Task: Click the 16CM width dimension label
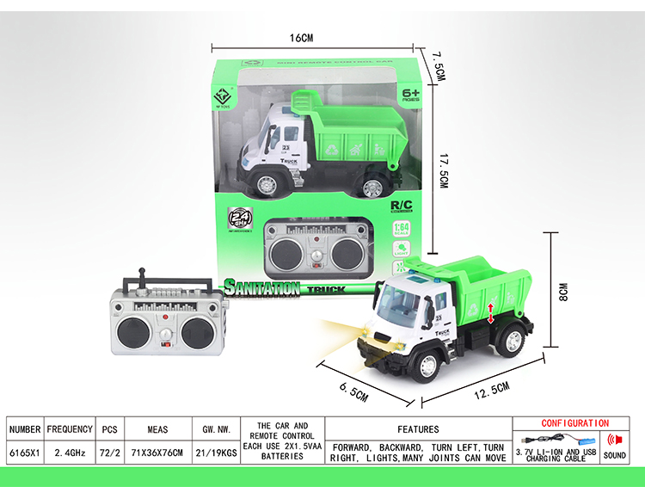[x=302, y=38]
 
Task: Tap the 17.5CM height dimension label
[x=442, y=169]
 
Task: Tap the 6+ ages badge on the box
[x=410, y=94]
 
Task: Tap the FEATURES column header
[x=418, y=428]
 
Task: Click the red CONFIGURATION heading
[x=575, y=423]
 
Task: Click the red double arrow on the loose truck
[x=491, y=312]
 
